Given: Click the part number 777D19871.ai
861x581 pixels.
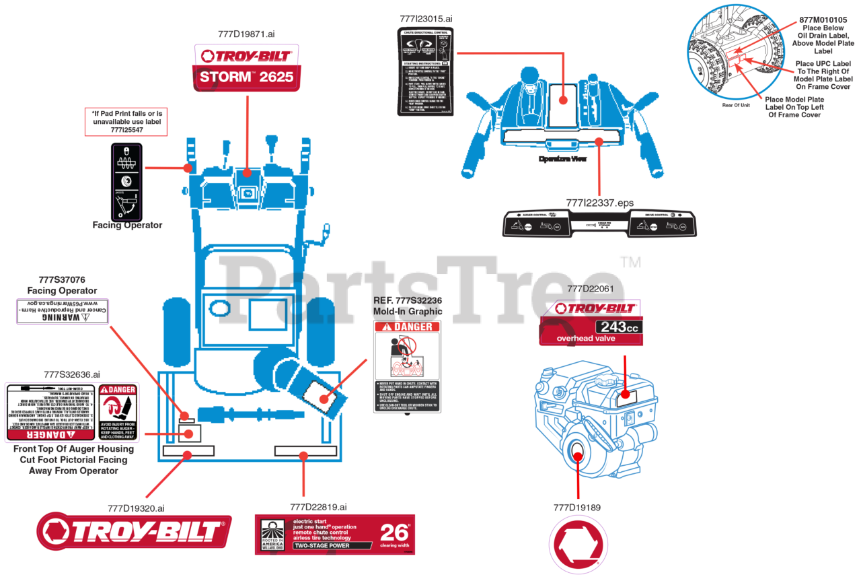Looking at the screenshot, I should (x=246, y=34).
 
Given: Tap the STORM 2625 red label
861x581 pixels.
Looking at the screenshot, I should (x=246, y=77).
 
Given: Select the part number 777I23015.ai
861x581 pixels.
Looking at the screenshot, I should (x=424, y=19).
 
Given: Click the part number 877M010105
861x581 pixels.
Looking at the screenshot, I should (x=823, y=20).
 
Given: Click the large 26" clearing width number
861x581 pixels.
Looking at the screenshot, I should (x=395, y=533).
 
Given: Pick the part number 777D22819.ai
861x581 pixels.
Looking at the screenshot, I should (x=318, y=508).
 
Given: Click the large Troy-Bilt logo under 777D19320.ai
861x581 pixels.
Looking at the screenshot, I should (x=134, y=532).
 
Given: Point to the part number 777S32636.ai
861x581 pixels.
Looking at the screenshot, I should (x=72, y=374).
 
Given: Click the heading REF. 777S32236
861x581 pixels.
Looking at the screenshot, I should (x=408, y=300).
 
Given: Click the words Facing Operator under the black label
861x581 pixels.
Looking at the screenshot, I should (x=127, y=226).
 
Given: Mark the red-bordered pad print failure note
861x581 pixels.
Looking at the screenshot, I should (x=126, y=122).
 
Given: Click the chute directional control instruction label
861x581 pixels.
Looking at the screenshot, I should (x=425, y=71).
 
